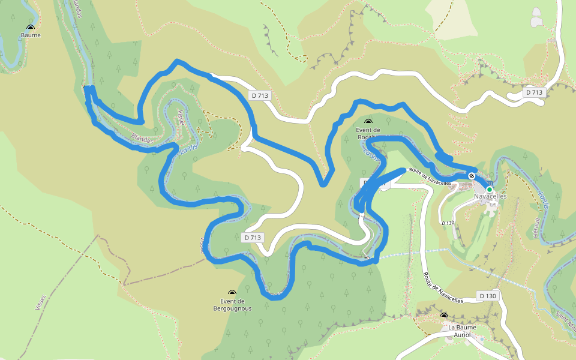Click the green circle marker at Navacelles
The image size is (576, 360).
pyautogui.click(x=490, y=189)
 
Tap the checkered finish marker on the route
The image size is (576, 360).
pyautogui.click(x=472, y=176)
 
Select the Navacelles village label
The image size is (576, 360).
pyautogui.click(x=490, y=196)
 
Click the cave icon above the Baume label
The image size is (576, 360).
pyautogui.click(x=31, y=27)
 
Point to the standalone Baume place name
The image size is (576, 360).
pyautogui.click(x=31, y=35)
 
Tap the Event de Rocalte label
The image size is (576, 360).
pyautogui.click(x=368, y=133)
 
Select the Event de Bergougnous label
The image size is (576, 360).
pyautogui.click(x=232, y=305)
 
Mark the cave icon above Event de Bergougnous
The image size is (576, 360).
pyautogui.click(x=232, y=293)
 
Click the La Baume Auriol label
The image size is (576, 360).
pyautogui.click(x=462, y=331)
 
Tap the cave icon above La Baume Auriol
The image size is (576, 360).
pyautogui.click(x=444, y=316)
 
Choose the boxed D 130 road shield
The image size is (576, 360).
pyautogui.click(x=488, y=296)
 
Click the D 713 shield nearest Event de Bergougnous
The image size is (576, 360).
pyautogui.click(x=253, y=238)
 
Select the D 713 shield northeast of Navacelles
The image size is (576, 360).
pyautogui.click(x=533, y=92)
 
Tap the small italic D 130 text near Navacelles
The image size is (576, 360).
pyautogui.click(x=447, y=223)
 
